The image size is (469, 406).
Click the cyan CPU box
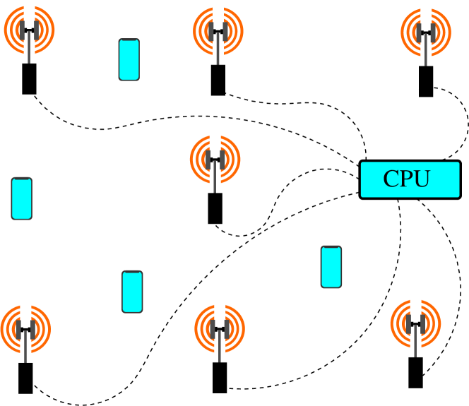pyautogui.click(x=410, y=179)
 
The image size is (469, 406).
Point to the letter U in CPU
pyautogui.click(x=422, y=179)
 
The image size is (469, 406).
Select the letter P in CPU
pyautogui.click(x=406, y=179)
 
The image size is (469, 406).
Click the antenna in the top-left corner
pyautogui.click(x=29, y=30)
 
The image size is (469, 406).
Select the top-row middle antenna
pyautogui.click(x=218, y=31)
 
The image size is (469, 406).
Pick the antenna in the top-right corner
pyautogui.click(x=426, y=32)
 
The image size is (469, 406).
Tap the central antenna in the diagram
pyautogui.click(x=215, y=160)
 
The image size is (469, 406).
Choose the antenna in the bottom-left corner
pyautogui.click(x=25, y=329)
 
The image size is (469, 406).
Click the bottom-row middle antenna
pyautogui.click(x=220, y=329)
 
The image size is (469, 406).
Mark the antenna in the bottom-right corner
pyautogui.click(x=415, y=324)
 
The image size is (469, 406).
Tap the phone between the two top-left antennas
pyautogui.click(x=129, y=59)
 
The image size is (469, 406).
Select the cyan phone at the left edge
pyautogui.click(x=22, y=198)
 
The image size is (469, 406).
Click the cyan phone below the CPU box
pyautogui.click(x=331, y=267)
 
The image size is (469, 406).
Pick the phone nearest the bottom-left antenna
pyautogui.click(x=132, y=292)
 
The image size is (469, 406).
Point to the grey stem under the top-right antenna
pyautogui.click(x=425, y=61)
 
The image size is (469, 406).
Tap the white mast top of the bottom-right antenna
pyautogui.click(x=415, y=300)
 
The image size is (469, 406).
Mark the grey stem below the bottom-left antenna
pyautogui.click(x=25, y=358)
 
